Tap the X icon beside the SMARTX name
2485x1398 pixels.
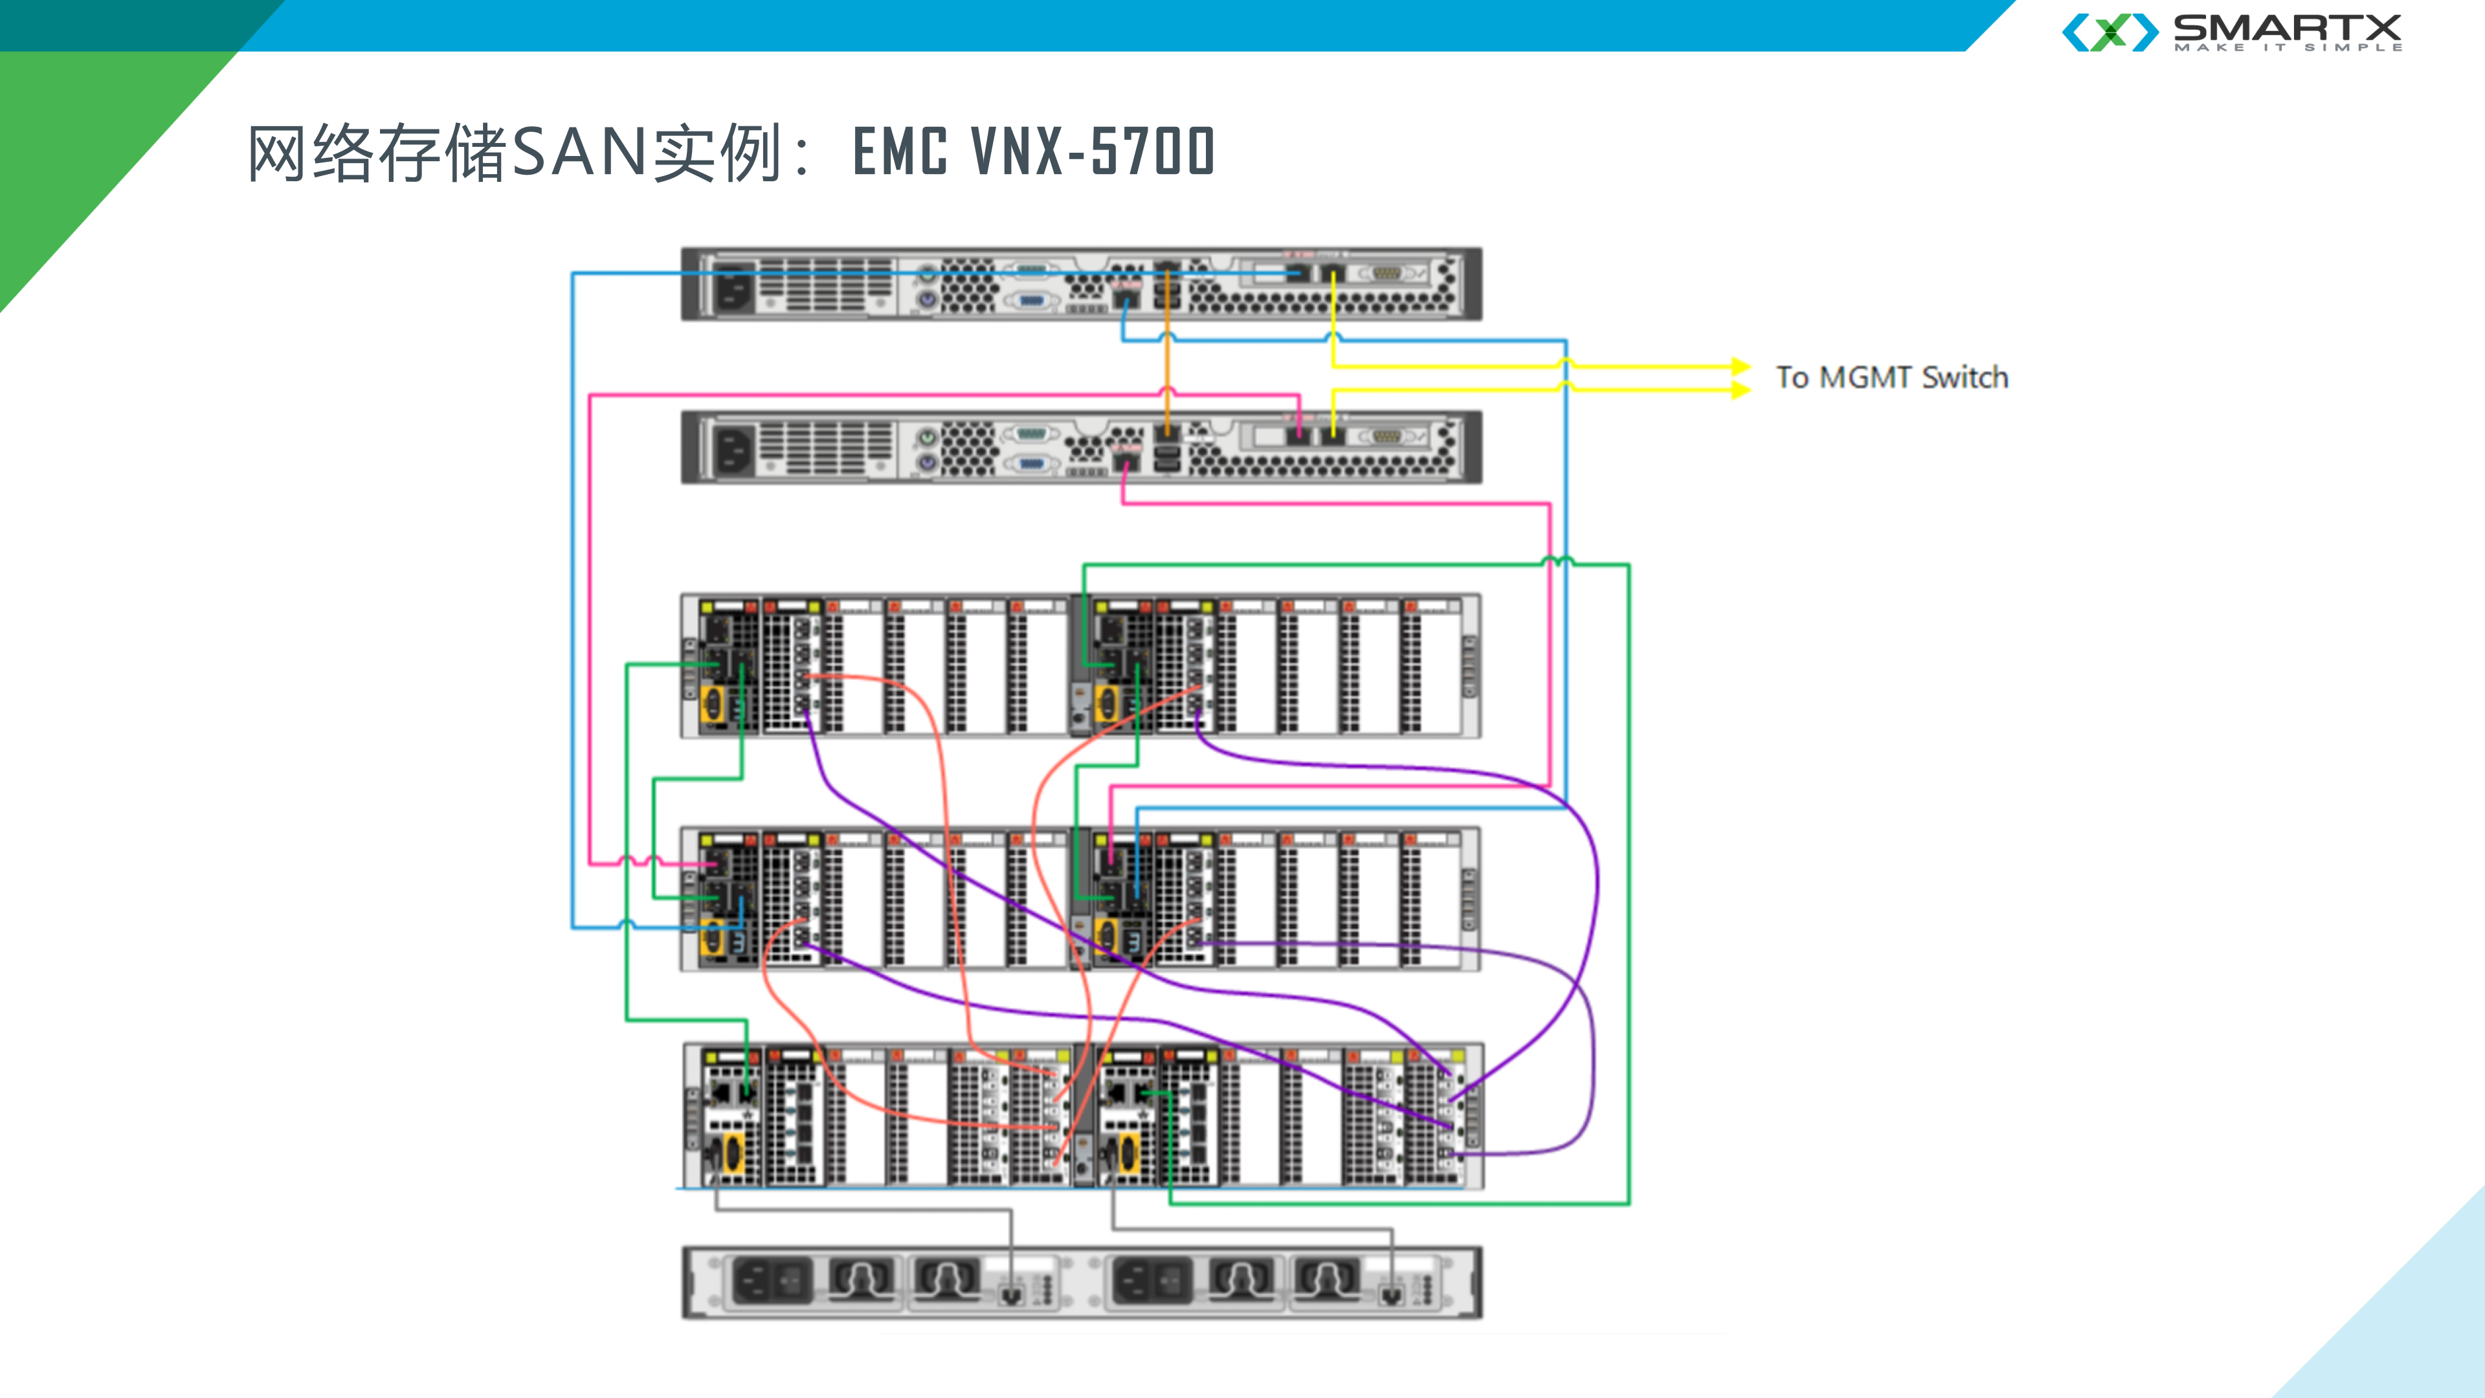[2110, 32]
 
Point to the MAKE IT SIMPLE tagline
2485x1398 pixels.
[2287, 47]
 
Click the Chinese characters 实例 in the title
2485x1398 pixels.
[717, 153]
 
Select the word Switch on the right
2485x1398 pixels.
[1965, 377]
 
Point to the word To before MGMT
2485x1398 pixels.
[1792, 377]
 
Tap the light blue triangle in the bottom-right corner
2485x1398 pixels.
[2412, 1331]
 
